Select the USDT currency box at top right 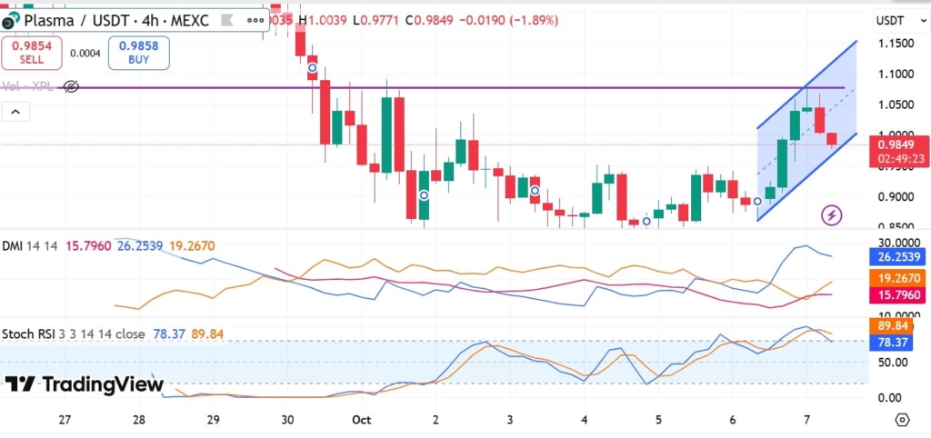(x=891, y=20)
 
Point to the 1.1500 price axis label (x=895, y=43)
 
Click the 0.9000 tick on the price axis (x=895, y=196)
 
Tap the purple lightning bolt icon (x=831, y=215)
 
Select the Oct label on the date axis (x=361, y=420)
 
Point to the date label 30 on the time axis (x=287, y=420)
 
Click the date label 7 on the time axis (x=806, y=420)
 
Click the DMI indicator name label (x=13, y=245)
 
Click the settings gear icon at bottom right (x=901, y=419)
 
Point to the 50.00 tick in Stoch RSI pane (x=895, y=363)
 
